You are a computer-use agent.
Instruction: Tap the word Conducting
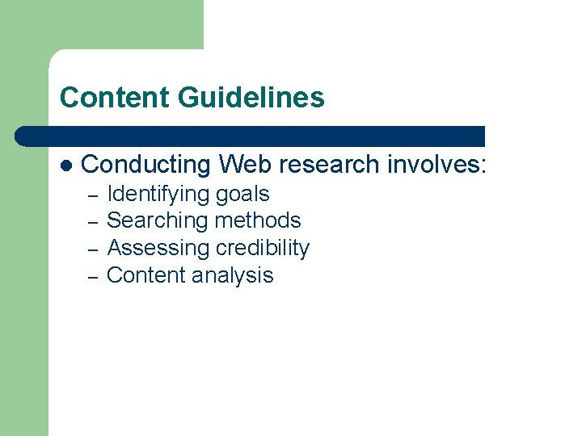pyautogui.click(x=146, y=165)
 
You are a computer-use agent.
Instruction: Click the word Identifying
pyautogui.click(x=158, y=195)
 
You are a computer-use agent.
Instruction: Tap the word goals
pyautogui.click(x=242, y=195)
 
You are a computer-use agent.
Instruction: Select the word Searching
pyautogui.click(x=156, y=220)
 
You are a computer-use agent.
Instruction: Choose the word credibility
pyautogui.click(x=261, y=248)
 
